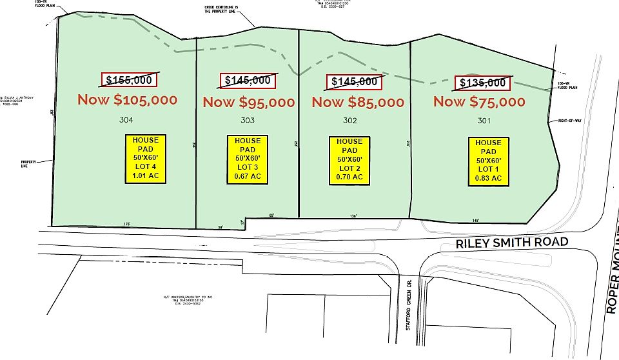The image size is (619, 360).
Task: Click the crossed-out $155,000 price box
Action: [x=129, y=80]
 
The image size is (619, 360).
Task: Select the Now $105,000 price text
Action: [x=127, y=100]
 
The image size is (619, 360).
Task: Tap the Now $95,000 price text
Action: [x=249, y=102]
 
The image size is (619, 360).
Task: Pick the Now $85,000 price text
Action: [x=358, y=102]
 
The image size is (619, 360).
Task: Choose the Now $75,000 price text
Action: [x=479, y=101]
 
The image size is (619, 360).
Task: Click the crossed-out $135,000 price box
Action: [x=483, y=83]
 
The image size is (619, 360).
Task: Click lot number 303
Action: [x=248, y=121]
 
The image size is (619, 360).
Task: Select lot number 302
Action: [x=350, y=121]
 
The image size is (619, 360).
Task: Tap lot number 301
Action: [x=484, y=121]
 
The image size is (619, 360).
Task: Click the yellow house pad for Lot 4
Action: [x=146, y=157]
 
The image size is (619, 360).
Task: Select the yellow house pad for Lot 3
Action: [x=248, y=159]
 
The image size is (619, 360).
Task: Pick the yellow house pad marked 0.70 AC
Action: [x=349, y=159]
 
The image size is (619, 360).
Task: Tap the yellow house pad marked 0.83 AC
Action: [x=488, y=161]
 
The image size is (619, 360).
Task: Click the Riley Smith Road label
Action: [x=511, y=243]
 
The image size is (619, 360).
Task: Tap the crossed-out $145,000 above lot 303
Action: [x=248, y=81]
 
